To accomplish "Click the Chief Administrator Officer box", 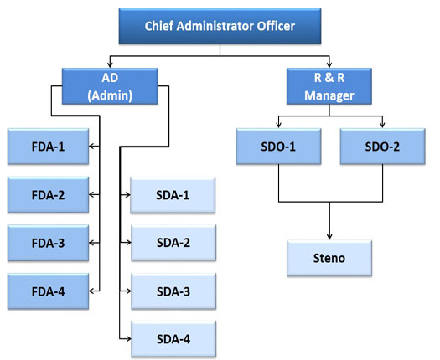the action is point(220,26).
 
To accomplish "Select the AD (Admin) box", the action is point(110,86).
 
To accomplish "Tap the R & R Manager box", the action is point(329,86).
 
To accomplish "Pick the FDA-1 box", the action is point(49,147).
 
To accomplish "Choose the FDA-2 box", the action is point(49,194).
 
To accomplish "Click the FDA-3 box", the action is point(49,243).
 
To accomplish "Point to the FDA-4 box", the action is point(49,291).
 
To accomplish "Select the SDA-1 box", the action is point(173,195).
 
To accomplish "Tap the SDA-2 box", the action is point(173,243).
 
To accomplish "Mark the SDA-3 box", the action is point(173,291).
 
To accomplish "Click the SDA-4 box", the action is point(173,339).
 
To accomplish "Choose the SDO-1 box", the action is point(278,147).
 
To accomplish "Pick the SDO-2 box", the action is point(383,147).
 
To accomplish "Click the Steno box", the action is point(329,258).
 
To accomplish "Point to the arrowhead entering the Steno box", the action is point(329,236).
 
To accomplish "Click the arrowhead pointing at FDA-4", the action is point(92,291).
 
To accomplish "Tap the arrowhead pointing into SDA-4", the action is point(128,339).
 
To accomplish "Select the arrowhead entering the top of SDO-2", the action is point(382,125).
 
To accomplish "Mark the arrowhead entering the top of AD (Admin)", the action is point(110,64).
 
